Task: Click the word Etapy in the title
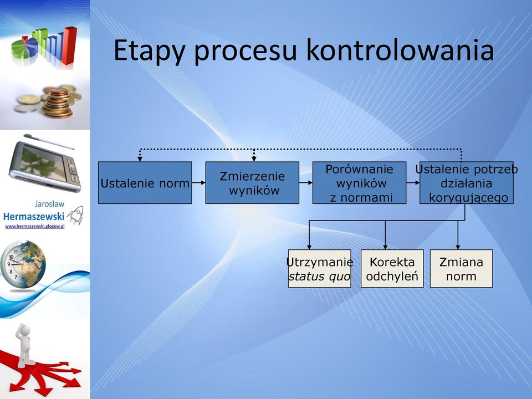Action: click(x=149, y=51)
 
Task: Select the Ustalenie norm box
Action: click(x=145, y=182)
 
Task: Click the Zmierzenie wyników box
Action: click(x=252, y=182)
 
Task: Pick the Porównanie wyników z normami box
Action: click(x=359, y=182)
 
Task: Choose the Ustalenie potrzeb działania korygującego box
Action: click(x=467, y=182)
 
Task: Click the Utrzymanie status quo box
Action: click(x=319, y=269)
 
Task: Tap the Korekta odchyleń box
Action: click(x=392, y=269)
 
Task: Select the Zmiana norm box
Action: click(x=461, y=269)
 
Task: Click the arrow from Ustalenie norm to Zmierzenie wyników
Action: click(x=199, y=182)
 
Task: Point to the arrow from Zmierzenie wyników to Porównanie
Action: click(x=306, y=182)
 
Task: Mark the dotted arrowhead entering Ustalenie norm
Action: click(x=140, y=159)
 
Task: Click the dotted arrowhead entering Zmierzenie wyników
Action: click(x=254, y=159)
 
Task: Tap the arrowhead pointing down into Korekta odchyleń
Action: click(x=385, y=247)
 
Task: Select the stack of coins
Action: click(x=58, y=103)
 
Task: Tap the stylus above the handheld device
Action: click(x=49, y=141)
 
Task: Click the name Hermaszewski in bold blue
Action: click(x=34, y=216)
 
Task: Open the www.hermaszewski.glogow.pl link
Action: click(x=34, y=226)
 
